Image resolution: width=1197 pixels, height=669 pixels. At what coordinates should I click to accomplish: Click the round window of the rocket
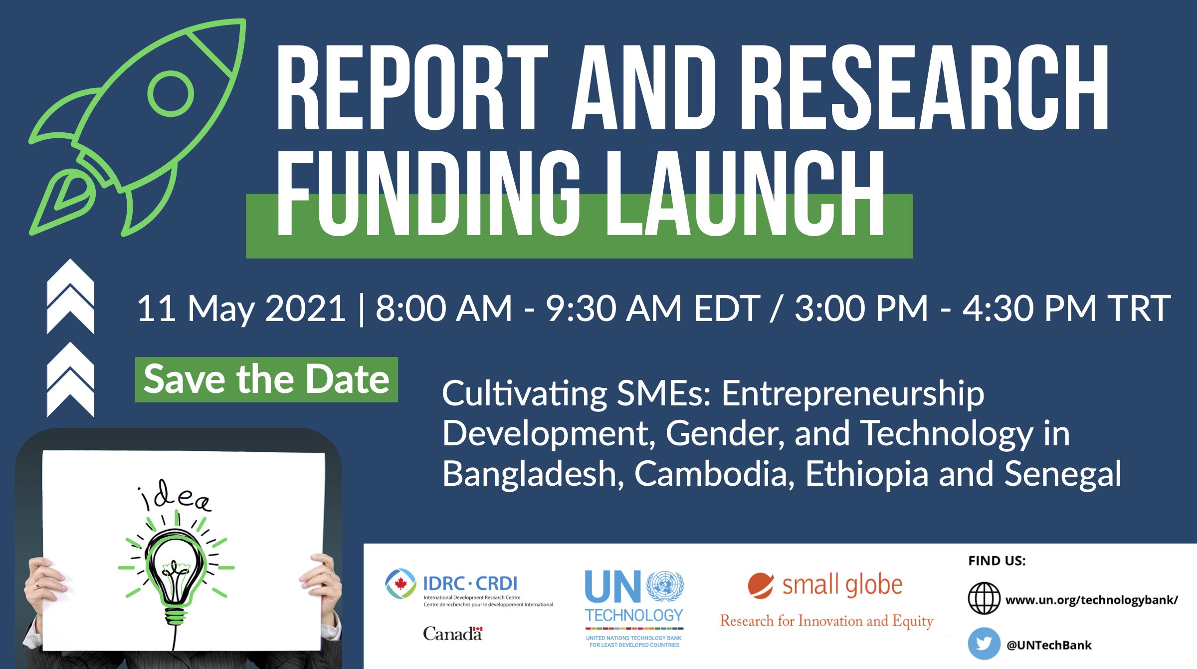pos(171,94)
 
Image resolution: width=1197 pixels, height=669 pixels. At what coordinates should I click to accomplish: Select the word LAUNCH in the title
pos(745,193)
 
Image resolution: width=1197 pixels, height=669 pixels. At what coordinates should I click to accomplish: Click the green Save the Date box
pos(266,379)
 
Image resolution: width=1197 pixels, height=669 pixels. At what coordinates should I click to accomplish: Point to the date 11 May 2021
pos(241,309)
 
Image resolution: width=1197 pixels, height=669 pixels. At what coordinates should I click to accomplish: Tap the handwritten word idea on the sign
pos(175,496)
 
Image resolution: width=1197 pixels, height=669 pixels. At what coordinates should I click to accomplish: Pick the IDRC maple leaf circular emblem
pos(400,584)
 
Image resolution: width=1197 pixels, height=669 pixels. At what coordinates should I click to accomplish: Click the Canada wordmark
pos(453,634)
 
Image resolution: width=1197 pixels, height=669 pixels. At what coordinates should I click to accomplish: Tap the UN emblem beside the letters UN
pos(665,586)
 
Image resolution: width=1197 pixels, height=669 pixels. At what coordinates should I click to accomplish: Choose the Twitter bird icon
pos(984,644)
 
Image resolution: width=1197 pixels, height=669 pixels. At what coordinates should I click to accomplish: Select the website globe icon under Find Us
pos(984,598)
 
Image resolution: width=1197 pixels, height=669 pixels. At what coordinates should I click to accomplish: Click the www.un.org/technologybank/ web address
pos(1092,600)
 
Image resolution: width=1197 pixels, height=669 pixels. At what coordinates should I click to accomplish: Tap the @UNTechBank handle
pos(1049,645)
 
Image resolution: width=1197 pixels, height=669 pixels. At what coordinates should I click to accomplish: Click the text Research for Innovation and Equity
pos(826,621)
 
